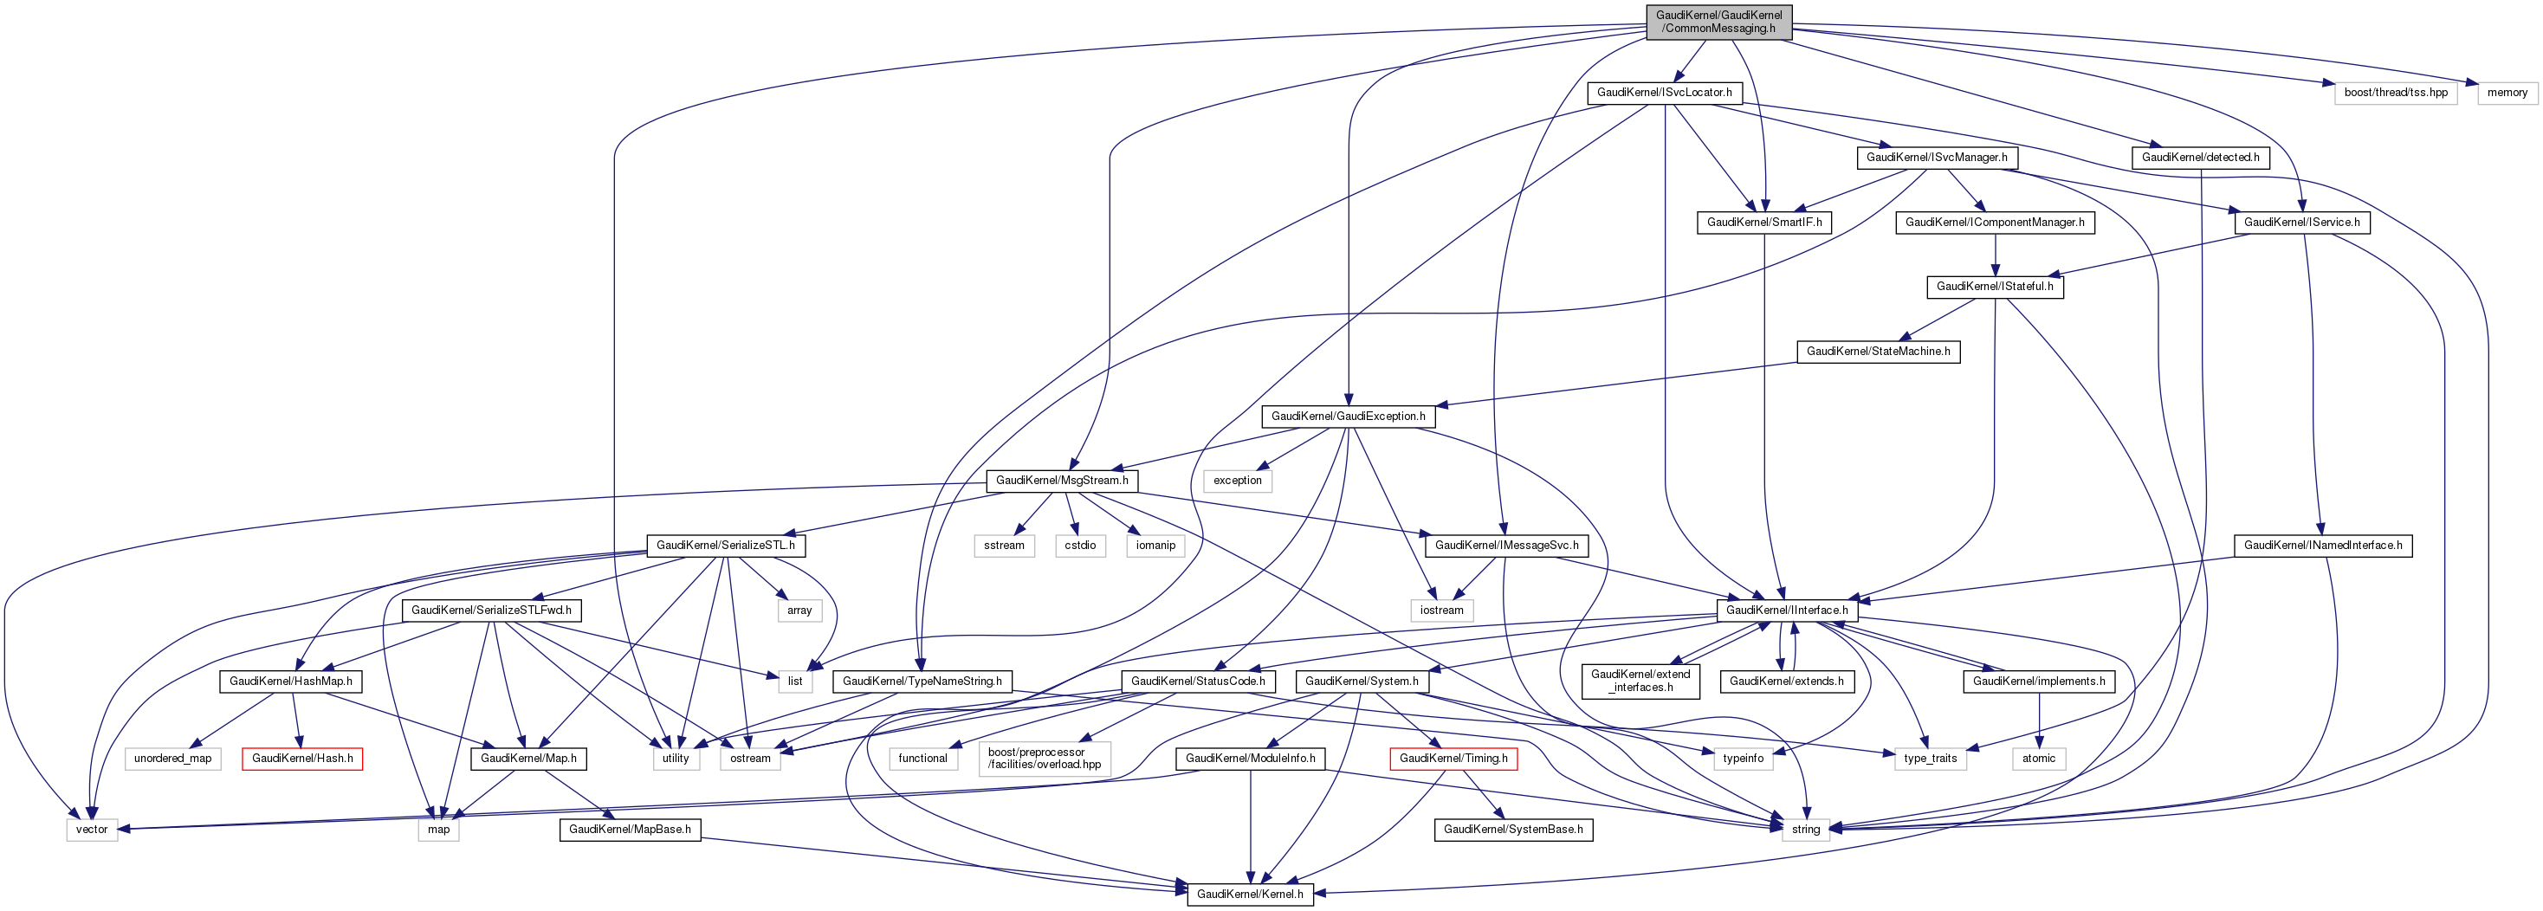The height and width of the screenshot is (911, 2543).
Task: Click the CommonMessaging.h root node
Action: [1718, 22]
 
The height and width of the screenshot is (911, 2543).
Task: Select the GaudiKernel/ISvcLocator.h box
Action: [1665, 93]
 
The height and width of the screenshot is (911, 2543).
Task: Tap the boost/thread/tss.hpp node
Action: [2396, 93]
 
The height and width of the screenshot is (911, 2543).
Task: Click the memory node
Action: [2507, 93]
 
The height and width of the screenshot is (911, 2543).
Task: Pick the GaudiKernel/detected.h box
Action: [2201, 158]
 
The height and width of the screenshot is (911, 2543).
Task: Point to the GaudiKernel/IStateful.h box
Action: [1995, 288]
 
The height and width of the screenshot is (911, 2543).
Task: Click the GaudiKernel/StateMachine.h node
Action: [1879, 352]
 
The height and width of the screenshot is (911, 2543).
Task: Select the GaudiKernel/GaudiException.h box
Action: [1349, 417]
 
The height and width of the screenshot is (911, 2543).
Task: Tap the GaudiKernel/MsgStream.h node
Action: [1062, 481]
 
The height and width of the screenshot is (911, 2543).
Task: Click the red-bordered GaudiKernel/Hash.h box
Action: [302, 759]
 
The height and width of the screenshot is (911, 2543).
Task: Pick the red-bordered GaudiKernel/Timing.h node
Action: [1453, 759]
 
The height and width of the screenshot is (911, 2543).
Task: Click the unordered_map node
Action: [172, 759]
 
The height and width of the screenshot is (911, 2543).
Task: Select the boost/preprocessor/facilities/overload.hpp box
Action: [1045, 759]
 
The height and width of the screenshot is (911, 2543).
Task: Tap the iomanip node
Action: [1155, 546]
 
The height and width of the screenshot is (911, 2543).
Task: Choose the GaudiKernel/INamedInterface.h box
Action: [2323, 546]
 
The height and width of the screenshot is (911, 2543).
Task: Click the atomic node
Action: [2039, 759]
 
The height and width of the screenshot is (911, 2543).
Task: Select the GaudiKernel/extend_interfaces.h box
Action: [1640, 681]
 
